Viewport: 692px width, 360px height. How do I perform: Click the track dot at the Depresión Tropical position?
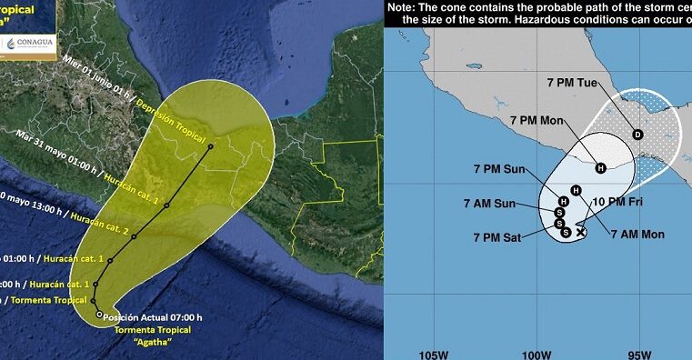210,146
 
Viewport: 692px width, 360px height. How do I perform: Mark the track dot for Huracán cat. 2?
134,236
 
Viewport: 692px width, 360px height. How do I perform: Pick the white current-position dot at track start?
99,315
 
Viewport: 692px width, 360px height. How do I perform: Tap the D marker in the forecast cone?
637,135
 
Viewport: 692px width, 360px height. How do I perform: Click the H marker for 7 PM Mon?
600,167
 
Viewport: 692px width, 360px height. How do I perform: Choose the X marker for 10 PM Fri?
581,232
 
